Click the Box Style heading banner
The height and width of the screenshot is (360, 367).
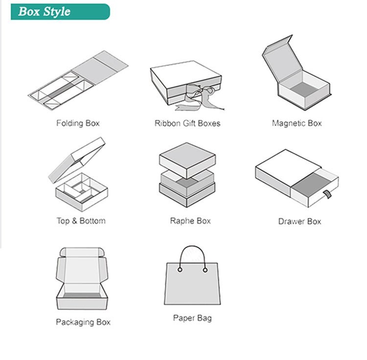pyautogui.click(x=60, y=12)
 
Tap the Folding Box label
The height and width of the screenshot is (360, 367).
pyautogui.click(x=78, y=123)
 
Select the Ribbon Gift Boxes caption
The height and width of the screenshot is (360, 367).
pyautogui.click(x=187, y=123)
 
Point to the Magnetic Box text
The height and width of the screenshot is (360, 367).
pyautogui.click(x=297, y=123)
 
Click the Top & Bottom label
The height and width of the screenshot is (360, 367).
pyautogui.click(x=81, y=221)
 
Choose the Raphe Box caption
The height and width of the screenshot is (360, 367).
pyautogui.click(x=190, y=221)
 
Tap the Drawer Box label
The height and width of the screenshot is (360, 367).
pyautogui.click(x=299, y=221)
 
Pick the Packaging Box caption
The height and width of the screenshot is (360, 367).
pyautogui.click(x=83, y=322)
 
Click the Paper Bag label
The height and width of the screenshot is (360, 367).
pyautogui.click(x=192, y=318)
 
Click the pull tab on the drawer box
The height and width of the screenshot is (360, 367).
pyautogui.click(x=327, y=194)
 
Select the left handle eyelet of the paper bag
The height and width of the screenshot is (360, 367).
pyautogui.click(x=180, y=270)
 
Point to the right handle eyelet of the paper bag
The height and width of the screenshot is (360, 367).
pyautogui.click(x=205, y=270)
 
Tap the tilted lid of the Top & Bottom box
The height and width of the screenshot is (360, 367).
pyautogui.click(x=76, y=160)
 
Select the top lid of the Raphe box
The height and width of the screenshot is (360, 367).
pyautogui.click(x=187, y=159)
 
